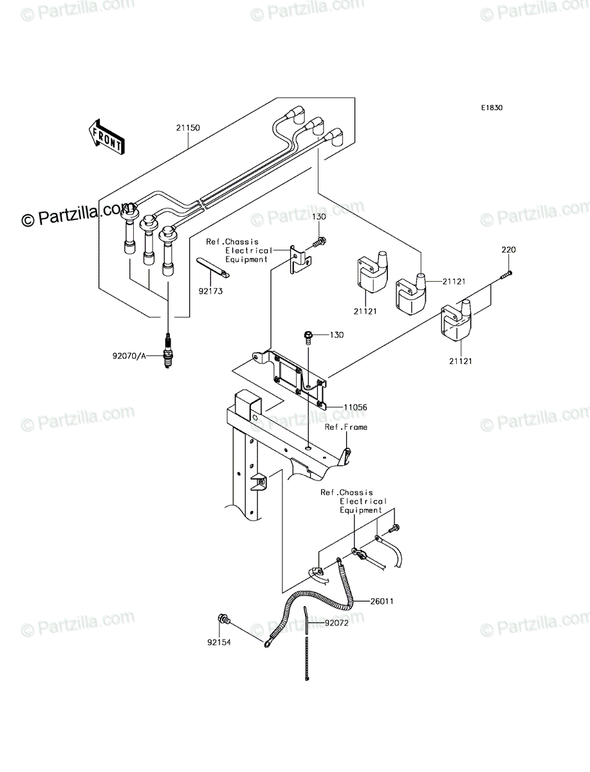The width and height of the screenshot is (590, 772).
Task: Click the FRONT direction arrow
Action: pyautogui.click(x=106, y=137)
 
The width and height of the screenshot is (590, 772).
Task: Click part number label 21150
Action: pyautogui.click(x=188, y=127)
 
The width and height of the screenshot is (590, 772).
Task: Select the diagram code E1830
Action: pyautogui.click(x=492, y=108)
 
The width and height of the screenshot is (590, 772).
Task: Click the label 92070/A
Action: pyautogui.click(x=129, y=356)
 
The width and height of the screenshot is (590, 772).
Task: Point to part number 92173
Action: pyautogui.click(x=210, y=291)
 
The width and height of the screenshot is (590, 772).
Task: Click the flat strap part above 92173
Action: pyautogui.click(x=213, y=267)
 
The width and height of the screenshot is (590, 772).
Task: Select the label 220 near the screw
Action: pyautogui.click(x=508, y=250)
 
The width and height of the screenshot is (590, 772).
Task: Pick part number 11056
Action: pyautogui.click(x=355, y=407)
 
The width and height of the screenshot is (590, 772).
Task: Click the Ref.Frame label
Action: pyautogui.click(x=346, y=427)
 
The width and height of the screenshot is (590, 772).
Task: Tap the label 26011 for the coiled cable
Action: pyautogui.click(x=382, y=602)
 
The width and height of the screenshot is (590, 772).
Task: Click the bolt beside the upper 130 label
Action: pyautogui.click(x=319, y=242)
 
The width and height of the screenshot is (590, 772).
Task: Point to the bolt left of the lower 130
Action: pyautogui.click(x=308, y=336)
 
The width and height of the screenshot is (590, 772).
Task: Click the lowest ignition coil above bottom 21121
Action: pyautogui.click(x=456, y=320)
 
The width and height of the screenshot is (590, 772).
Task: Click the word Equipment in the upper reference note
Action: pyautogui.click(x=246, y=259)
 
